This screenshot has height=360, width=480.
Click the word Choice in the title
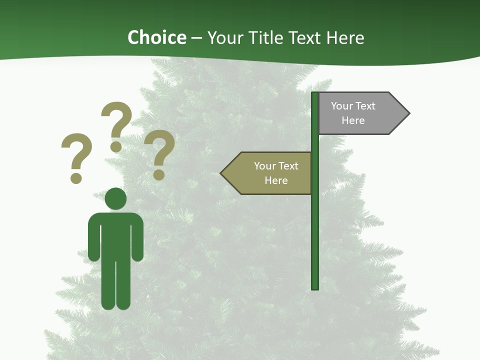coord(156,37)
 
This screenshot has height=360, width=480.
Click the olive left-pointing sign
coord(270,173)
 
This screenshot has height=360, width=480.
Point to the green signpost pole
coord(315,225)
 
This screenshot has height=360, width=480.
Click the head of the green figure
coord(115,198)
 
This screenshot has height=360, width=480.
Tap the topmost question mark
coord(116,120)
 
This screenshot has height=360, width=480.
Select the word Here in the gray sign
coord(353,120)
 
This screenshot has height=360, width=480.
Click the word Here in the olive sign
coord(276,180)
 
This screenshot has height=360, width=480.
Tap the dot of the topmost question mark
coord(116,146)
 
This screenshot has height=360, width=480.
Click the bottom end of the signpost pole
coord(315,287)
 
